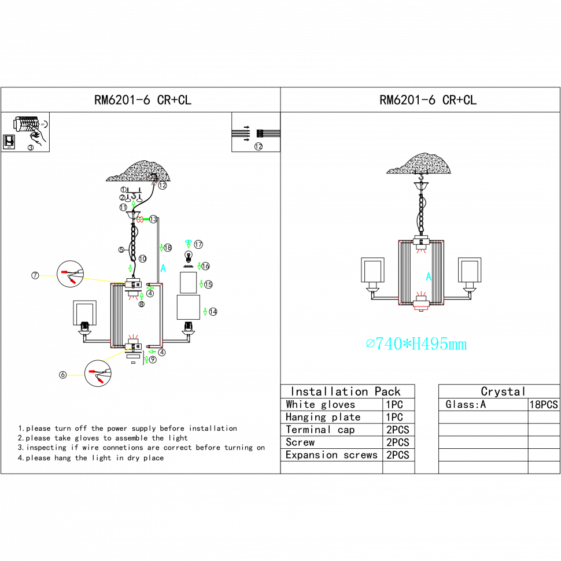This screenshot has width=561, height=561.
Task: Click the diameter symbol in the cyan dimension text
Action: [370, 344]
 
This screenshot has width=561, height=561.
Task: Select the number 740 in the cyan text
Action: [389, 344]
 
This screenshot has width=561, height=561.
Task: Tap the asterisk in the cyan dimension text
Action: [407, 344]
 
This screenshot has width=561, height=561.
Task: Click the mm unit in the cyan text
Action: [457, 345]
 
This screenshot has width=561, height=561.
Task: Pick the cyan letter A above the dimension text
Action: [429, 276]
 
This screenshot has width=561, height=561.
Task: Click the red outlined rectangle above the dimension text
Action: [421, 308]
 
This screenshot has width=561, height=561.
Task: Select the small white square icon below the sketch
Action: [9, 141]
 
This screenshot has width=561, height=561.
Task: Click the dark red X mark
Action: [153, 180]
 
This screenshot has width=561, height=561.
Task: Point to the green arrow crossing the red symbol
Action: [143, 219]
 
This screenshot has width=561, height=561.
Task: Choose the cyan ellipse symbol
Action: [188, 241]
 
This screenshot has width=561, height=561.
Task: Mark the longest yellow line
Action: [107, 281]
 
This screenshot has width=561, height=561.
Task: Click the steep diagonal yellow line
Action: [117, 355]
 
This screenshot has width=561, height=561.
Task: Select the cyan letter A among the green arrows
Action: [163, 268]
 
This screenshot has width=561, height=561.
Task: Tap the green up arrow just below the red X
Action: [134, 204]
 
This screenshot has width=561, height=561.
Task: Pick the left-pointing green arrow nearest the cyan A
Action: [150, 287]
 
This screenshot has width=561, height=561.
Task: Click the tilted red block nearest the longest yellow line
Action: [73, 281]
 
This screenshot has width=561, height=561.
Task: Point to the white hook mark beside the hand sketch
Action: [45, 123]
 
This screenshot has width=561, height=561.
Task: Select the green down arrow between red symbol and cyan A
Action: [161, 248]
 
